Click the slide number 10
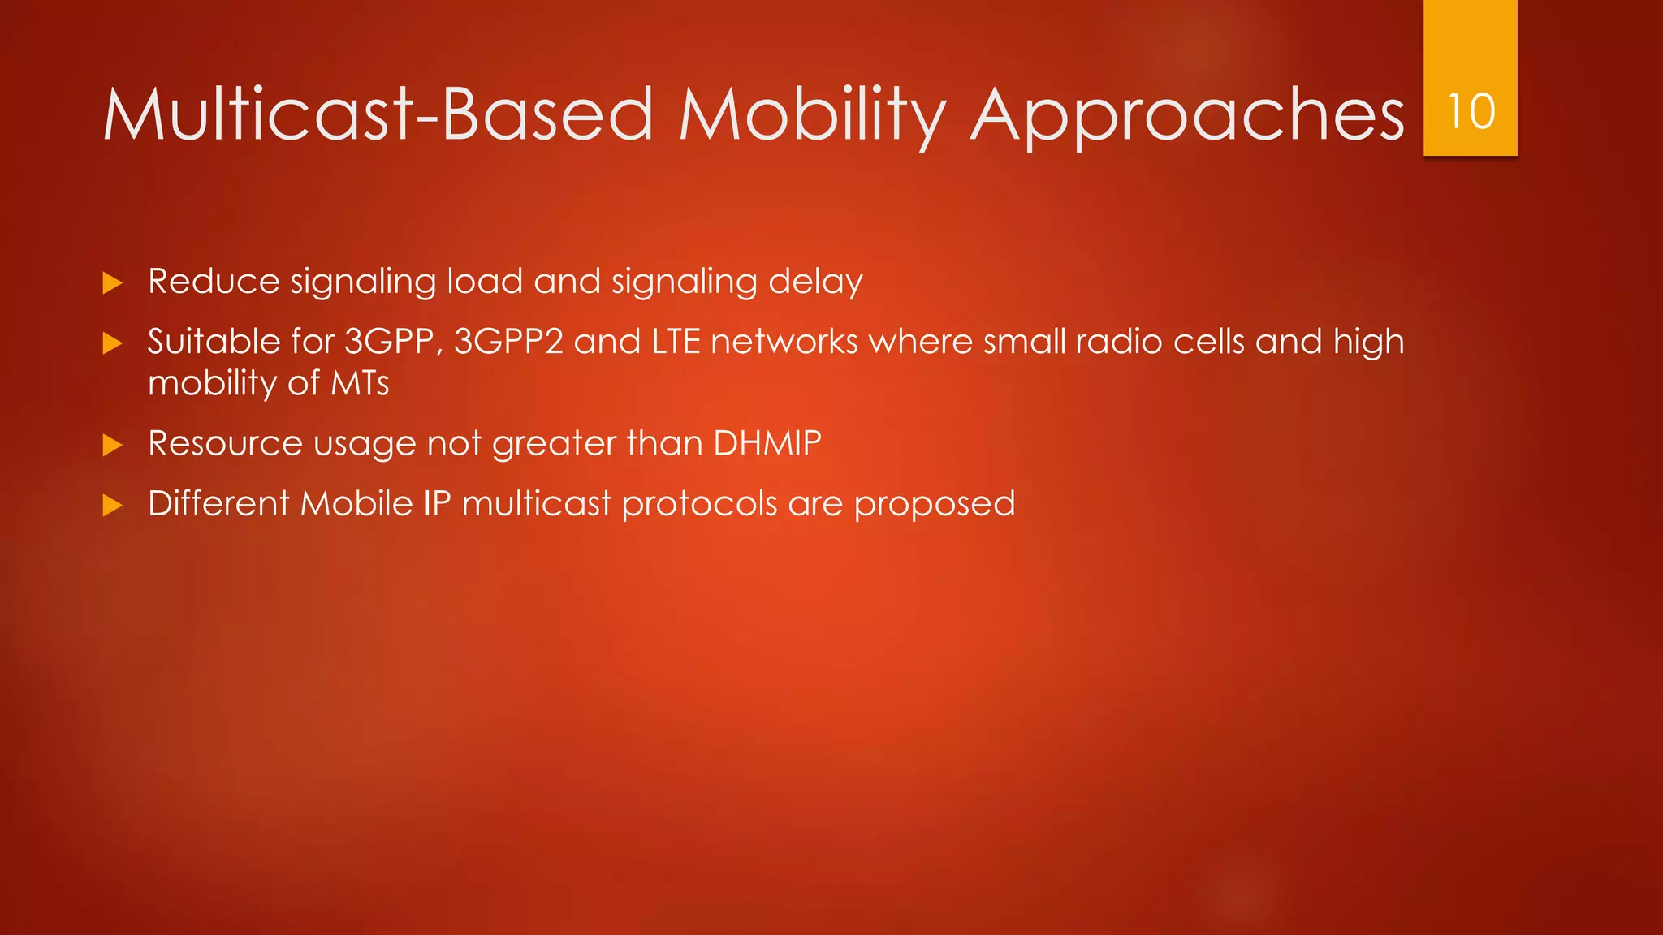click(x=1471, y=111)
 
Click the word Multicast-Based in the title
click(x=378, y=114)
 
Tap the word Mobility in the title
click(x=812, y=114)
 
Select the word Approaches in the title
click(x=1186, y=114)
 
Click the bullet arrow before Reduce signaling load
click(x=113, y=283)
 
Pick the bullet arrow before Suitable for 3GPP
click(x=113, y=343)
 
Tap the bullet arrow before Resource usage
click(x=113, y=445)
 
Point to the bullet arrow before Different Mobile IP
click(x=113, y=506)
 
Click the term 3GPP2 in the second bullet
click(x=508, y=342)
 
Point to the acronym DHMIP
click(x=767, y=443)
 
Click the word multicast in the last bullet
click(x=536, y=504)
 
